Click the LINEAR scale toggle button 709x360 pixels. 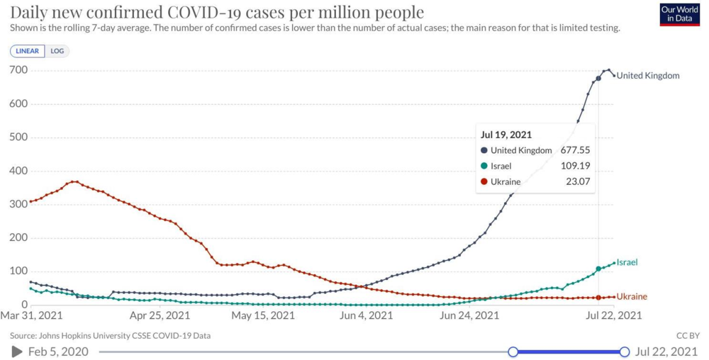tap(28, 51)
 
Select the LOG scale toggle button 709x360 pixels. tap(57, 51)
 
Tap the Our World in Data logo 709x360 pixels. tap(679, 13)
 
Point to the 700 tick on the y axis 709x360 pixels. tap(18, 70)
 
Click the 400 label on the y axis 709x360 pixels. tap(18, 171)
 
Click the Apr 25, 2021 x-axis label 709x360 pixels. tap(160, 315)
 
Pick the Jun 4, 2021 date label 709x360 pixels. tap(367, 315)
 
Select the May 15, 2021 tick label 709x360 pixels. tap(263, 315)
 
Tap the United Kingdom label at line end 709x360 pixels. tap(647, 76)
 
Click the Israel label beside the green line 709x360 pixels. tap(627, 262)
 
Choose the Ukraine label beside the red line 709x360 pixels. tap(631, 297)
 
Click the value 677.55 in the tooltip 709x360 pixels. tap(575, 150)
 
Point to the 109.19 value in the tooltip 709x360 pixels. tap(575, 166)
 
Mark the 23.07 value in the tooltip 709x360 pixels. tap(578, 181)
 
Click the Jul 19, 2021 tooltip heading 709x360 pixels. tap(506, 135)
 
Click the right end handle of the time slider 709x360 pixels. tap(625, 351)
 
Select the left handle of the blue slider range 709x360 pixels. tap(513, 351)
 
